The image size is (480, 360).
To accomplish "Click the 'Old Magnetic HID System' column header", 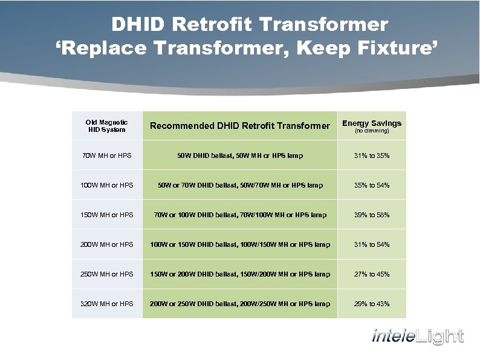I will point(107,126).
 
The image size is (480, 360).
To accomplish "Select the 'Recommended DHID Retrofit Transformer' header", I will point(240,126).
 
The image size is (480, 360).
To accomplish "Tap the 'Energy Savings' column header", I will point(371,123).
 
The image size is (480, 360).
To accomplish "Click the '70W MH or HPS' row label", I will point(107,156).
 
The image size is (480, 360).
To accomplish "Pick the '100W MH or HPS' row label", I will point(107,185).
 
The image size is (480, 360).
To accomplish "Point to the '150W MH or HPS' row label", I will point(107,215).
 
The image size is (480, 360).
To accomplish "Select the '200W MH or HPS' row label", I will point(107,244).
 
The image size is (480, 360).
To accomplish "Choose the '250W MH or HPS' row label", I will point(107,274).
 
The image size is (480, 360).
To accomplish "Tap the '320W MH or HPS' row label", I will point(107,304).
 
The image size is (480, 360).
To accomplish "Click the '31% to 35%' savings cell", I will point(372,156).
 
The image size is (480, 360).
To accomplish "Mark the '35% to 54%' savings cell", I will point(372,185).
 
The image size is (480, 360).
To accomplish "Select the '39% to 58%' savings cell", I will point(372,215).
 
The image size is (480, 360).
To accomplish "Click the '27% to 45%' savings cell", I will point(372,274).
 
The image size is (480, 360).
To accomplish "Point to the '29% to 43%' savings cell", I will point(372,304).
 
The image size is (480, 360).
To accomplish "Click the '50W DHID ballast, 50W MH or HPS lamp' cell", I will point(240,156).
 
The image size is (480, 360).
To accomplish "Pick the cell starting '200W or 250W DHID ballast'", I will point(240,304).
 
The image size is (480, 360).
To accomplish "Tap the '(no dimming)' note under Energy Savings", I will point(371,131).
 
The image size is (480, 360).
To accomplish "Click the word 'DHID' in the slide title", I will point(138,25).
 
